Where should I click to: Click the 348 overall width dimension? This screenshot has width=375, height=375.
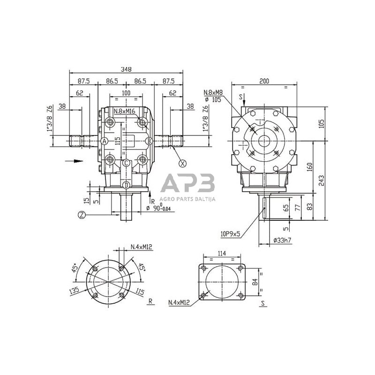coord(126,69)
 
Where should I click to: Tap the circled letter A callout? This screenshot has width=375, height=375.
coord(104,141)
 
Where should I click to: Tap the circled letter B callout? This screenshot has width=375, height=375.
coord(149,141)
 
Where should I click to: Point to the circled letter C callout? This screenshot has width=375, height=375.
coord(126,163)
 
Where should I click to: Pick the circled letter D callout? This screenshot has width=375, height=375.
coord(126,186)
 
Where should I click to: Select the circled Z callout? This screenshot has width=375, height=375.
coord(82,215)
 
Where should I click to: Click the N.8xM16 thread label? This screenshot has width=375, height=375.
coord(125,111)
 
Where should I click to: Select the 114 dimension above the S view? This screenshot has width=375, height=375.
coord(222,254)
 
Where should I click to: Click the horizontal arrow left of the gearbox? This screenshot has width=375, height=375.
coord(74,161)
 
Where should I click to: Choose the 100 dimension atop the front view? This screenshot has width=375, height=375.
coord(126,93)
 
